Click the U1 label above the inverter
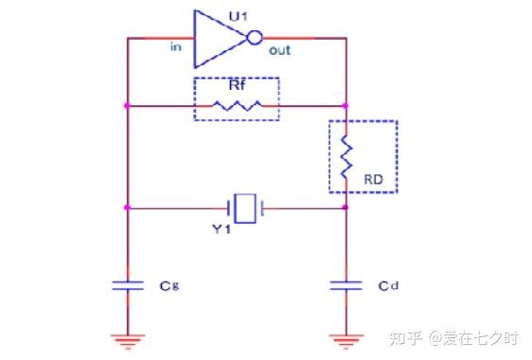tap(238, 16)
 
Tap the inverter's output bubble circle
tap(255, 38)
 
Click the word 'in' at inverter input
tap(176, 46)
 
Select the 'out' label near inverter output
tap(279, 50)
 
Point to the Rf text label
tap(237, 85)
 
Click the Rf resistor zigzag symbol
tap(238, 105)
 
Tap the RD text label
tap(373, 179)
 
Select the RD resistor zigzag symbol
tap(346, 156)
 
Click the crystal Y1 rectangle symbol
tap(245, 208)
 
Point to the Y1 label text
tap(222, 229)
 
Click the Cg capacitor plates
tap(128, 285)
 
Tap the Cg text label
tap(169, 285)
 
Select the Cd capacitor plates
tap(346, 285)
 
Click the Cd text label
tap(388, 286)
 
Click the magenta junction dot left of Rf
tap(127, 106)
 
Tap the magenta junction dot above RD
tap(346, 106)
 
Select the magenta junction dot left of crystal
tap(127, 207)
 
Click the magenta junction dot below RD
tap(346, 207)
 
